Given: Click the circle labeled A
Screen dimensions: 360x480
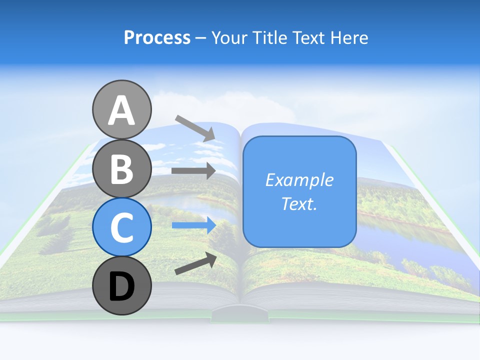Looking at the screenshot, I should pyautogui.click(x=121, y=109).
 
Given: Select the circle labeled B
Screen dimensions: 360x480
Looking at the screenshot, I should pyautogui.click(x=121, y=168).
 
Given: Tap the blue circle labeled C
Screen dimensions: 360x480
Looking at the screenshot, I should pyautogui.click(x=121, y=227).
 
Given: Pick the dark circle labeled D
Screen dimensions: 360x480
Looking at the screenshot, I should pyautogui.click(x=121, y=285).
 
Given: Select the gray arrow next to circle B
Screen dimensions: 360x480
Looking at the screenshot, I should pyautogui.click(x=193, y=171).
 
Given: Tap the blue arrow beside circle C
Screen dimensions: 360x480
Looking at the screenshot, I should pyautogui.click(x=193, y=225).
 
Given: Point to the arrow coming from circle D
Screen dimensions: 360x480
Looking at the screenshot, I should pyautogui.click(x=195, y=263).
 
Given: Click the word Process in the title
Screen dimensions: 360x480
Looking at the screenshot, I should pyautogui.click(x=157, y=37).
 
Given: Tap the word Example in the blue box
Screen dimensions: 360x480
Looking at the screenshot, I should pyautogui.click(x=299, y=180).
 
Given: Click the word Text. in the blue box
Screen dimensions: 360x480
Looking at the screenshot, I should pyautogui.click(x=299, y=203).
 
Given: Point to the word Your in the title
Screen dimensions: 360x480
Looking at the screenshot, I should pyautogui.click(x=230, y=37).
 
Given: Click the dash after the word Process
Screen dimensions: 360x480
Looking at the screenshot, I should pyautogui.click(x=201, y=38).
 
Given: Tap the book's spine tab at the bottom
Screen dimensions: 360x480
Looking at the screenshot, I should pyautogui.click(x=239, y=314).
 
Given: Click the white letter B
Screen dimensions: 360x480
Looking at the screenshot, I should pyautogui.click(x=121, y=168).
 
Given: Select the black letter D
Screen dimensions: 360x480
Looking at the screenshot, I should pyautogui.click(x=121, y=286).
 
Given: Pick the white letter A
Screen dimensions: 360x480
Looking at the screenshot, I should pyautogui.click(x=121, y=110).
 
